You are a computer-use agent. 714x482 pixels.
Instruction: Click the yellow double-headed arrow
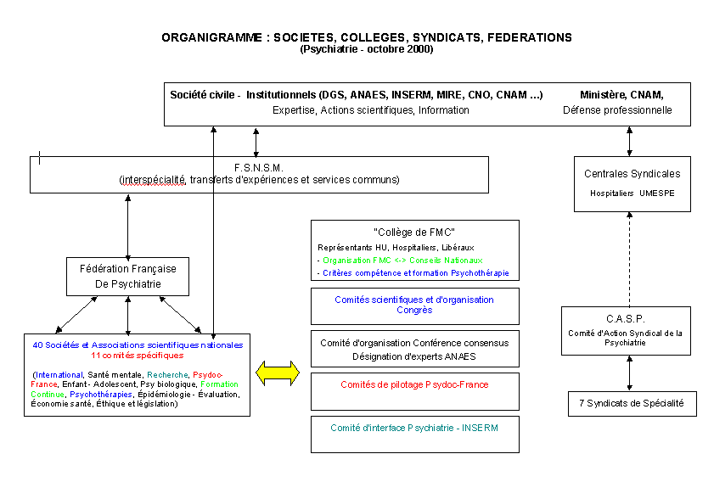click(x=278, y=372)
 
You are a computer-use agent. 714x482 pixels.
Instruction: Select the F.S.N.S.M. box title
click(x=259, y=168)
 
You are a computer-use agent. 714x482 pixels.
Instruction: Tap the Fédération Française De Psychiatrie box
click(x=127, y=277)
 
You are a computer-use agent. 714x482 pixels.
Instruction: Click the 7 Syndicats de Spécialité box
click(x=632, y=403)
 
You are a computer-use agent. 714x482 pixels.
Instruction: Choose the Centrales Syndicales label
click(x=632, y=174)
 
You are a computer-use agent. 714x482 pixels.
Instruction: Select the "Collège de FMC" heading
click(x=414, y=232)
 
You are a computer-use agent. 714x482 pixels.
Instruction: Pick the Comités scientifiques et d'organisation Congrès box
click(x=414, y=305)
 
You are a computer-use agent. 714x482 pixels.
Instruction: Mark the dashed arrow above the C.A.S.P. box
click(x=629, y=255)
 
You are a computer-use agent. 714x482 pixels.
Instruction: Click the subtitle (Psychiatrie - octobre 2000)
click(x=366, y=49)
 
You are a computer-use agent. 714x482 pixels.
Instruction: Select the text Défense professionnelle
click(x=617, y=110)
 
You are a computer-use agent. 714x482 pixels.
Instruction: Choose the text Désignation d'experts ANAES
click(x=414, y=356)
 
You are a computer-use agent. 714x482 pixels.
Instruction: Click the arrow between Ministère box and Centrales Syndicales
click(x=629, y=141)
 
